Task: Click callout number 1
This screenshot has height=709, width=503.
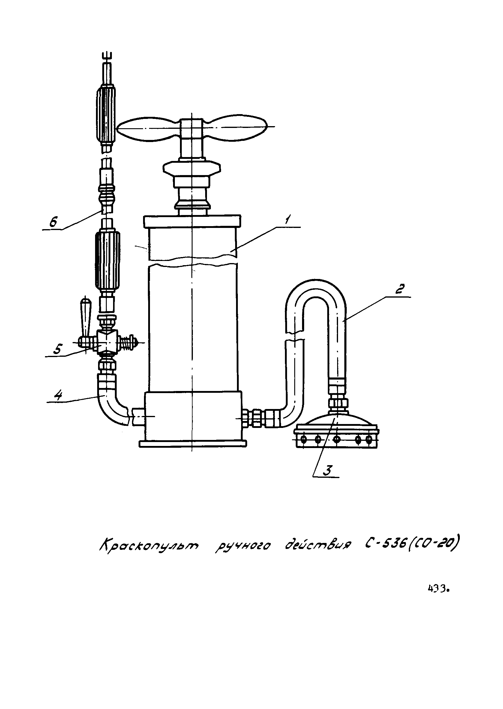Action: pyautogui.click(x=287, y=220)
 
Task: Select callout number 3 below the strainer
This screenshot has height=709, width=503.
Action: pyautogui.click(x=327, y=470)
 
